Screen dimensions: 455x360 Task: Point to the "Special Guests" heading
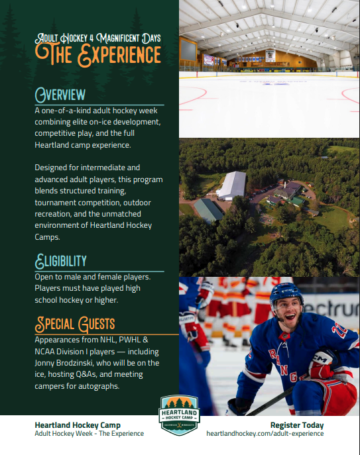click(75, 324)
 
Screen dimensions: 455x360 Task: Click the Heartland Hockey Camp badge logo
click(179, 415)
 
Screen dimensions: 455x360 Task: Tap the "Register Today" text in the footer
click(297, 425)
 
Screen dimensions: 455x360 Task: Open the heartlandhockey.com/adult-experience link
click(265, 434)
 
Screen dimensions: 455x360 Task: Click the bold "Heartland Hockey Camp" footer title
click(78, 425)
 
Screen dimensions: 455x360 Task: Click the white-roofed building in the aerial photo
click(231, 185)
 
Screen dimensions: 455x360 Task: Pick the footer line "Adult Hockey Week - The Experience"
click(89, 434)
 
